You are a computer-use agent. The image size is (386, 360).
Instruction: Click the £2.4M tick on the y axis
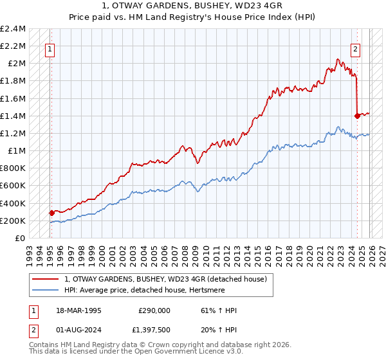14,29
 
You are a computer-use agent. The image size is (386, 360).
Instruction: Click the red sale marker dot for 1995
51,213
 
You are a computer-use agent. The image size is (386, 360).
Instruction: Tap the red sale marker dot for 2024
357,116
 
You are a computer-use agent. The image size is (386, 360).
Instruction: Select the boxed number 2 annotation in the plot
354,48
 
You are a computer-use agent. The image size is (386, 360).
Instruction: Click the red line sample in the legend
46,278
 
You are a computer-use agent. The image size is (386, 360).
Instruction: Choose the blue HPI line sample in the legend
46,290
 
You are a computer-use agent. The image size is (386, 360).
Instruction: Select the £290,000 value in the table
154,310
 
